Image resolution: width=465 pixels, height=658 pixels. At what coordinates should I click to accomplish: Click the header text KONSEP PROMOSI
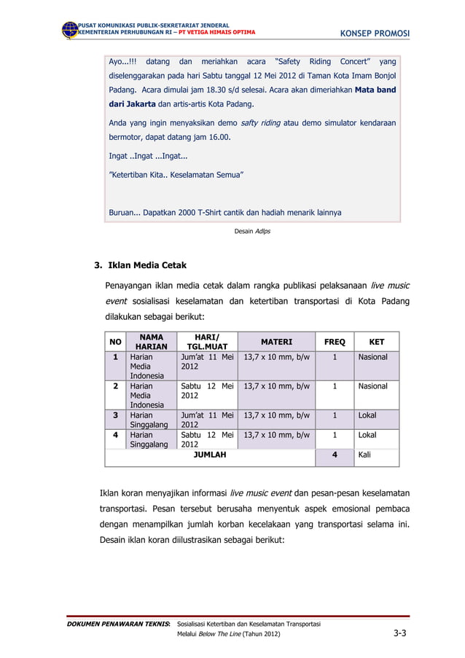point(375,34)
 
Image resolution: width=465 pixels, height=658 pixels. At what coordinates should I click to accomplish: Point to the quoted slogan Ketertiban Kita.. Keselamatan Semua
point(176,175)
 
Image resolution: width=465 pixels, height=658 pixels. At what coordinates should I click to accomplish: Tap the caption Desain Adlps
point(251,231)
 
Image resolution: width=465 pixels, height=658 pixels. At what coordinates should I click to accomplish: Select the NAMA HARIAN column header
point(151,341)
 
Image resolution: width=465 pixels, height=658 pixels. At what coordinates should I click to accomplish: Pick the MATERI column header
point(276,341)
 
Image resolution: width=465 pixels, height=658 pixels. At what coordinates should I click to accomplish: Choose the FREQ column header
point(334,341)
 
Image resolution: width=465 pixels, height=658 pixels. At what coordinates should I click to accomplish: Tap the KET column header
point(376,341)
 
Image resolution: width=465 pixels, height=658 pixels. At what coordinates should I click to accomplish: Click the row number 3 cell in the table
point(115,415)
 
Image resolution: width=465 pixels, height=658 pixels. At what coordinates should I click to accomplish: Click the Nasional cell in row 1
point(372,357)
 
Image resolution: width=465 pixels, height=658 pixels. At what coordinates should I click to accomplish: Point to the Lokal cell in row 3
point(367,415)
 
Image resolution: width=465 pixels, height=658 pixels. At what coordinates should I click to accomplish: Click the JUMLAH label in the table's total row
point(209,455)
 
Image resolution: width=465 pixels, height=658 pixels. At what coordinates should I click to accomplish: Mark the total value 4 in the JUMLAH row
point(335,455)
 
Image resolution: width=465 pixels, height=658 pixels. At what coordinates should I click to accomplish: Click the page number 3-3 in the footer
point(400,634)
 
